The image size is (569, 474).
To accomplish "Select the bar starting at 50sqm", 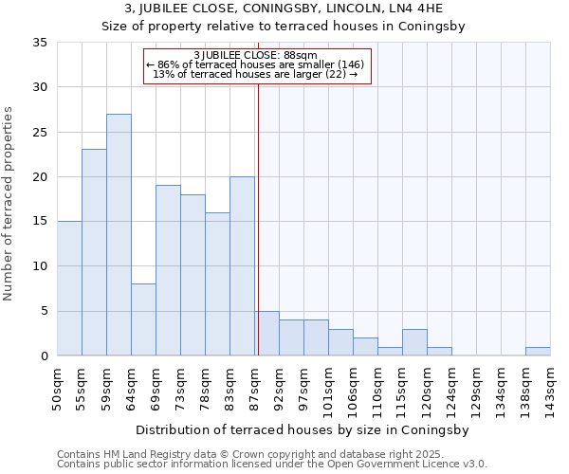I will [x=69, y=288].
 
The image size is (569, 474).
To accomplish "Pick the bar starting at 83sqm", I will [x=242, y=266].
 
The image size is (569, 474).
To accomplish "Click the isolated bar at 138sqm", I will [x=538, y=351].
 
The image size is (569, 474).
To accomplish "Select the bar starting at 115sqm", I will [x=414, y=342].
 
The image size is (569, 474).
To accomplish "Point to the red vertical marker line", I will [x=258, y=218].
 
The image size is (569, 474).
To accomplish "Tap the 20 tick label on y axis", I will [x=40, y=177].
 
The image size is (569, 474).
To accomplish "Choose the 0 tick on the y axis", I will [x=44, y=356].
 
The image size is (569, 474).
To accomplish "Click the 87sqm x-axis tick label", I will [x=255, y=388].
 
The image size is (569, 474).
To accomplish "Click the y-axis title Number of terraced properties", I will [x=9, y=204].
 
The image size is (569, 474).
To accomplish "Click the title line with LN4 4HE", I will [x=284, y=9].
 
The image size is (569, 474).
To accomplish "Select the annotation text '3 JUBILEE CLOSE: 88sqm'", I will [x=255, y=55].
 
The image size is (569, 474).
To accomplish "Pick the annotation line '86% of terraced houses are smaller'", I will [x=255, y=64].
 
